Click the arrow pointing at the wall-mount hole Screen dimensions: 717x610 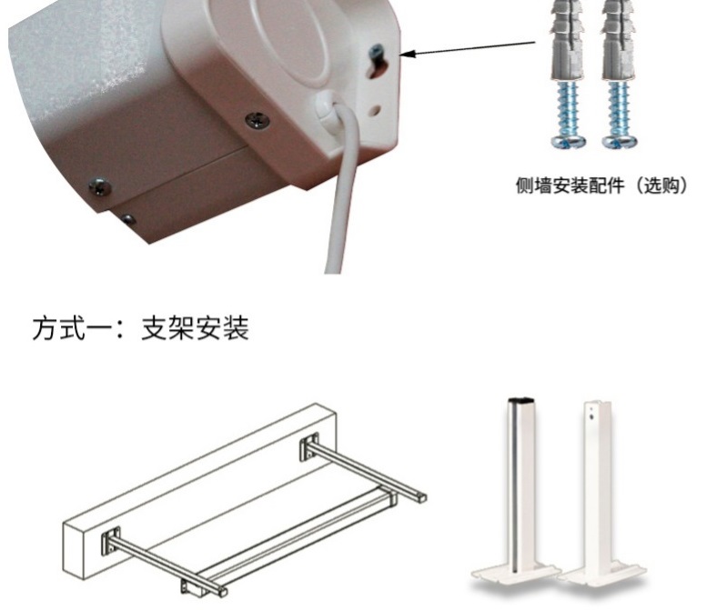pos(469,48)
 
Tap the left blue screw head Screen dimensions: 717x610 pos(569,141)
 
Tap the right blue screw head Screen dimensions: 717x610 pos(620,141)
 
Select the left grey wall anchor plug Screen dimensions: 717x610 pos(568,40)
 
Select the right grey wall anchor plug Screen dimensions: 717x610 pos(619,40)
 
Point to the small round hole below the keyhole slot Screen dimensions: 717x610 pos(375,110)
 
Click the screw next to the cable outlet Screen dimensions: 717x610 pos(257,120)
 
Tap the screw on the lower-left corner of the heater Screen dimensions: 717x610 pos(100,186)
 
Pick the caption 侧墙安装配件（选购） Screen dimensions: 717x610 pos(601,185)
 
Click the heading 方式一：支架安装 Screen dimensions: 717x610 pos(140,328)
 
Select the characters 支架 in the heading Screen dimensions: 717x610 pos(167,328)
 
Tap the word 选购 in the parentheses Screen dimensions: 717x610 pos(661,185)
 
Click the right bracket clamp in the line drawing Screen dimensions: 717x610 pos(309,447)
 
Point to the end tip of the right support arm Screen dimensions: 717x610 pos(421,497)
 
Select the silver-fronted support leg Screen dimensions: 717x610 pos(517,494)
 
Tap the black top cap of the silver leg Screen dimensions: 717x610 pos(521,400)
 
